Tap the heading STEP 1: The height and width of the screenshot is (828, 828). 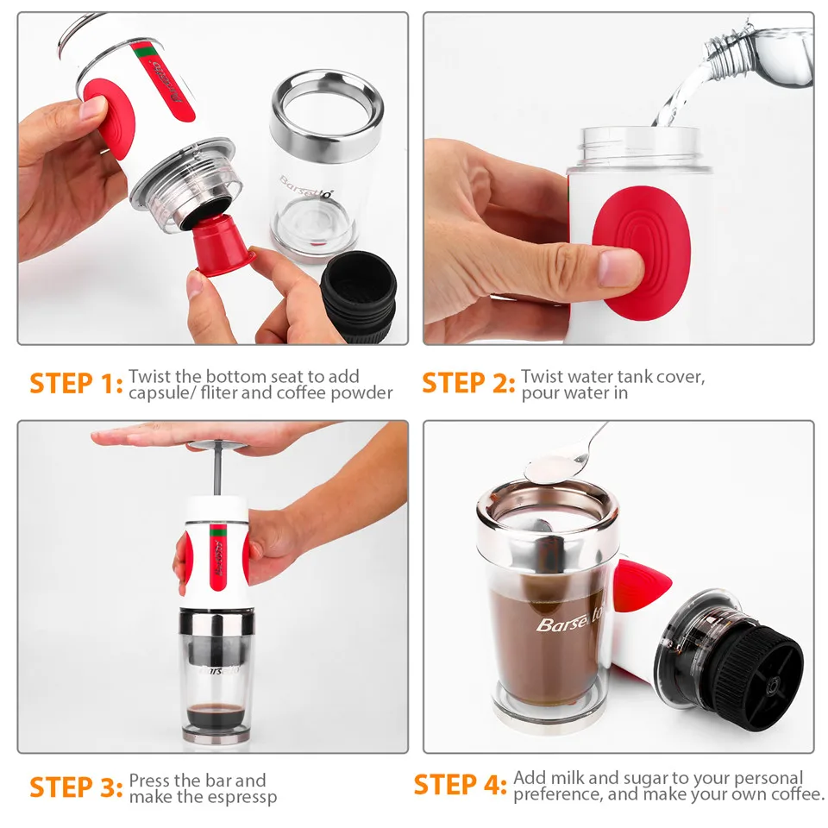(x=76, y=383)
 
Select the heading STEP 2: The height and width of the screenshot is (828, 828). (x=468, y=383)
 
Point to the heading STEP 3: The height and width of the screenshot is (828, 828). (x=76, y=787)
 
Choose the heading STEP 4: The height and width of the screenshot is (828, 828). (x=461, y=785)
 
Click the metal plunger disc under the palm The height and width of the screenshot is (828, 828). (x=217, y=446)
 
